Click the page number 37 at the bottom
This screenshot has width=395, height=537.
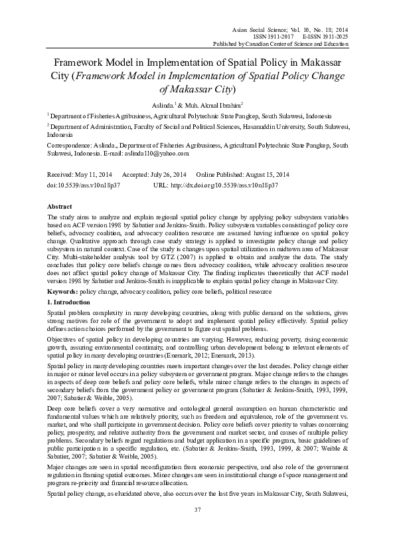pos(197,510)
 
